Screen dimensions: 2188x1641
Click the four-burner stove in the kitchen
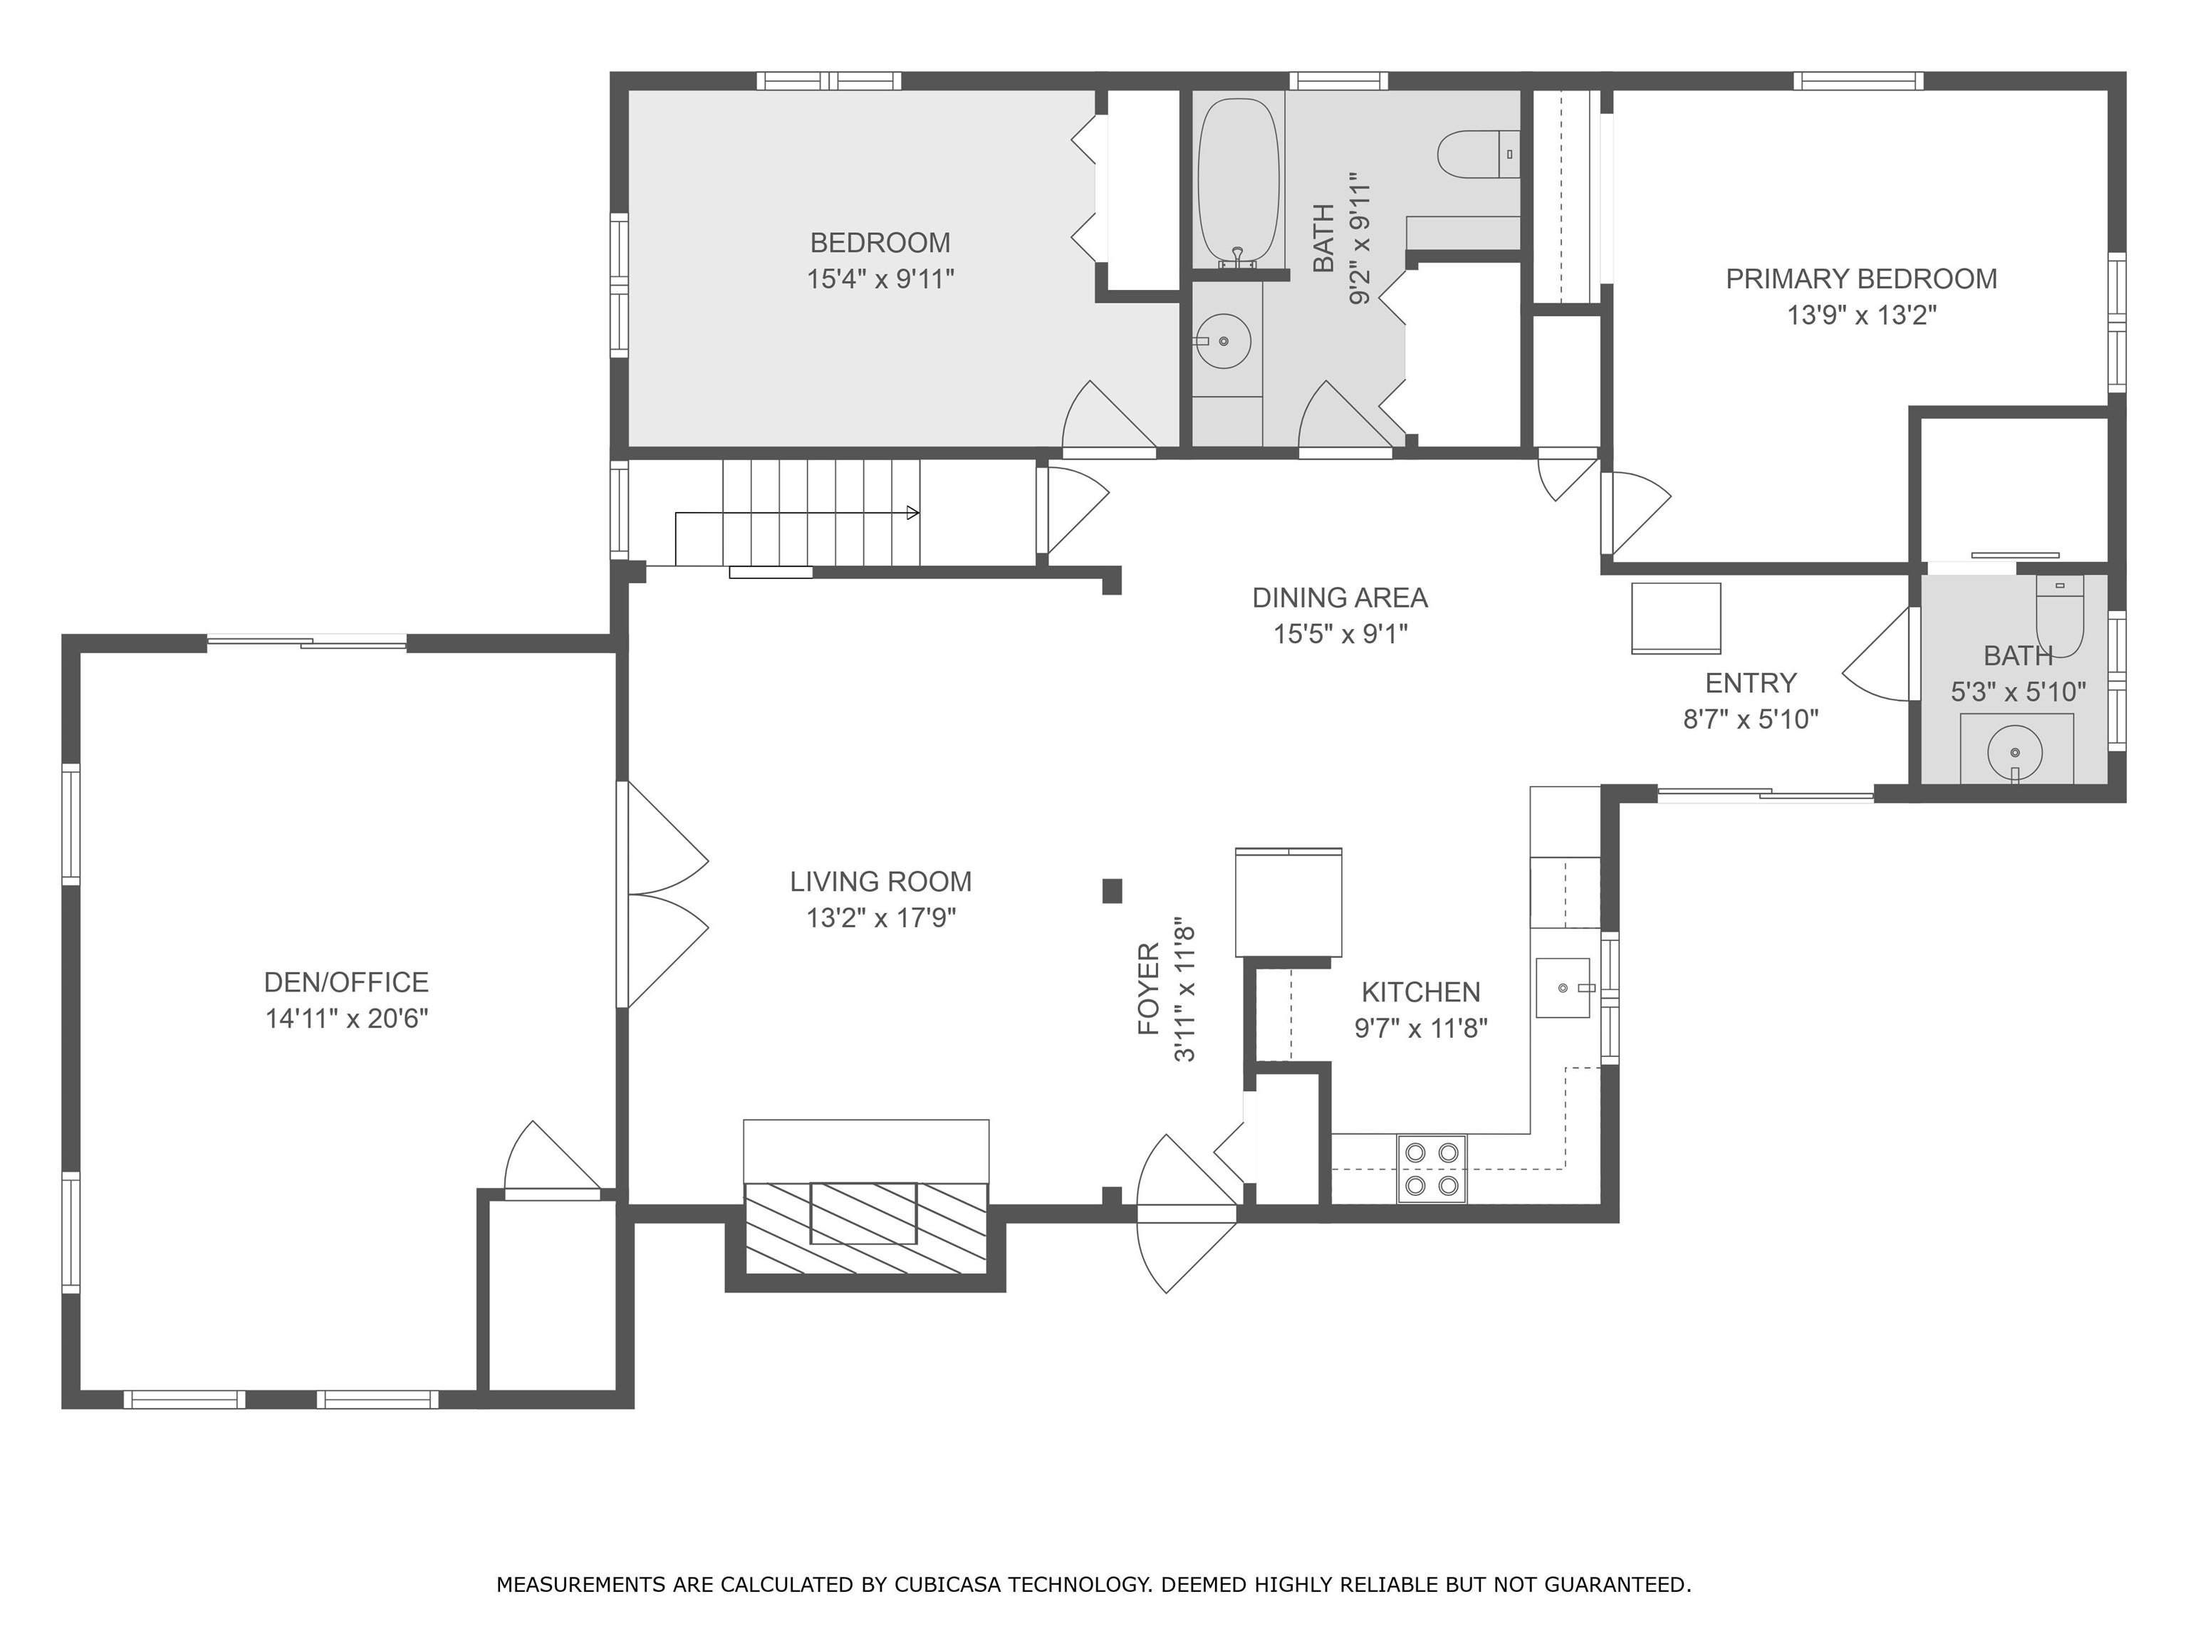[x=1432, y=1167]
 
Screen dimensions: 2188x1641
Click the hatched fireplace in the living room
[x=865, y=1226]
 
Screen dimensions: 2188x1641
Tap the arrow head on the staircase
[x=913, y=514]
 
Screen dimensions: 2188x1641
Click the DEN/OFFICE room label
[x=346, y=982]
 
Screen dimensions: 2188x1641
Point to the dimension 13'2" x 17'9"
[x=880, y=918]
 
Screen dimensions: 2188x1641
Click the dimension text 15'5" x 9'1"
[x=1340, y=633]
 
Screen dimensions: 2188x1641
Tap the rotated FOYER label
[x=1148, y=989]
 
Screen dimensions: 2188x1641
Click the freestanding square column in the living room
[x=1113, y=891]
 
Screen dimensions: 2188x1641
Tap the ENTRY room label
[x=1751, y=682]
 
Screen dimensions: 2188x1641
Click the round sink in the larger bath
[x=1224, y=341]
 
